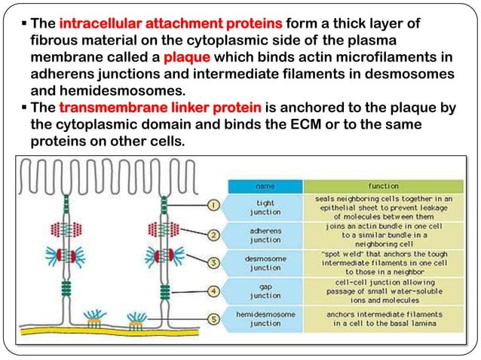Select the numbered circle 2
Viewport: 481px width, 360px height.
pyautogui.click(x=213, y=234)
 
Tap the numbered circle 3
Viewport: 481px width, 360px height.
pyautogui.click(x=213, y=262)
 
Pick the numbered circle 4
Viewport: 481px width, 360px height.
pyautogui.click(x=213, y=291)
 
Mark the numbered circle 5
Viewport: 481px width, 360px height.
pyautogui.click(x=213, y=319)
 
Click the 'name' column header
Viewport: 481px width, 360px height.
pyautogui.click(x=265, y=185)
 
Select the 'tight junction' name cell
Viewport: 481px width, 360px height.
pyautogui.click(x=265, y=206)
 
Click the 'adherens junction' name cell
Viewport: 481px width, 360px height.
pyautogui.click(x=265, y=234)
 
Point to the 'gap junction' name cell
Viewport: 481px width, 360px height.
pyautogui.click(x=265, y=291)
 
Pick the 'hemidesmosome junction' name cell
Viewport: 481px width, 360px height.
pyautogui.click(x=265, y=319)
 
